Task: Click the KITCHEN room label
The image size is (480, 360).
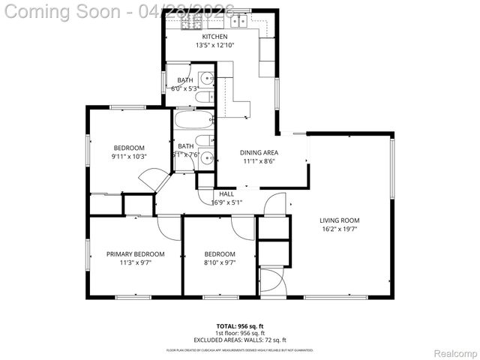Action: click(214, 36)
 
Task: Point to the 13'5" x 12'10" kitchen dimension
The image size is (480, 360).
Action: click(214, 45)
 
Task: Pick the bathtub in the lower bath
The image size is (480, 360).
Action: click(194, 120)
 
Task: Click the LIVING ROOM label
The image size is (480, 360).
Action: click(340, 220)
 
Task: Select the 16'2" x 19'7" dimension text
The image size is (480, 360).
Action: click(340, 229)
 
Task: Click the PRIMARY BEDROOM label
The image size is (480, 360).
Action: click(135, 254)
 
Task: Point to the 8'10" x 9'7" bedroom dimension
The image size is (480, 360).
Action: click(220, 263)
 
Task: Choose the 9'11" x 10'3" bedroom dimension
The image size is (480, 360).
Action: click(130, 156)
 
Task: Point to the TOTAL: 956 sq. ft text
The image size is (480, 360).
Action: click(240, 326)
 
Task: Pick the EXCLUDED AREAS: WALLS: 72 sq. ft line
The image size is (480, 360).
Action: click(240, 340)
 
